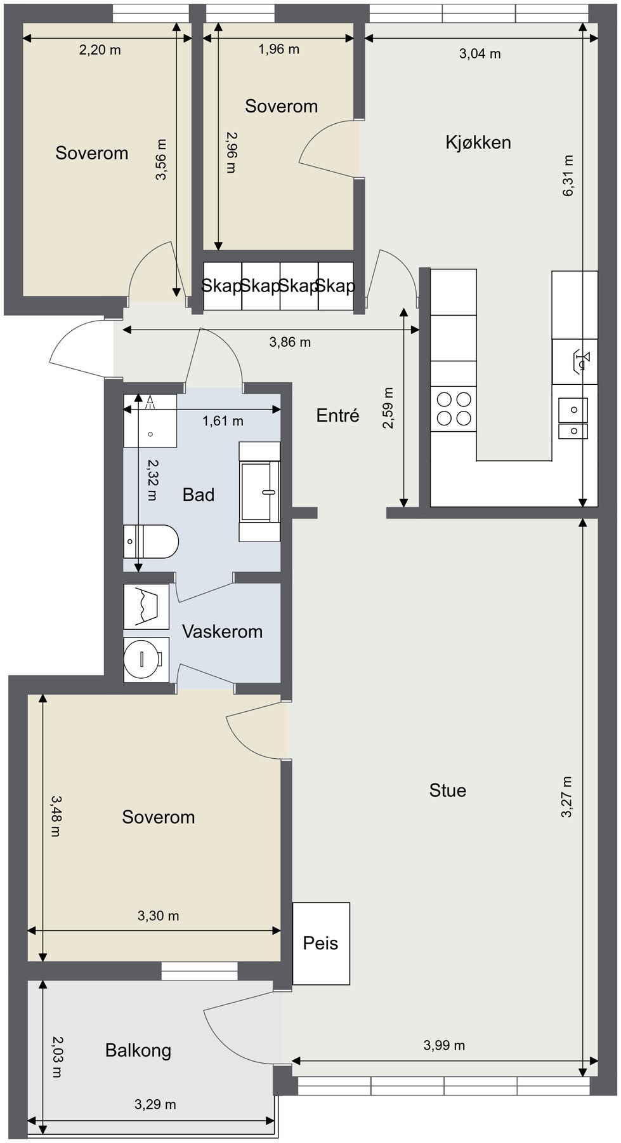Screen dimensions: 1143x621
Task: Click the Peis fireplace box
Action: click(x=321, y=943)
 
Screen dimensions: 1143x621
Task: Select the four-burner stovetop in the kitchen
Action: click(x=454, y=408)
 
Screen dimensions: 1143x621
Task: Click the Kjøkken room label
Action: click(x=478, y=142)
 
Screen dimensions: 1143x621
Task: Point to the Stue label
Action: click(x=447, y=790)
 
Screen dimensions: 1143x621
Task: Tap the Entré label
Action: click(x=337, y=415)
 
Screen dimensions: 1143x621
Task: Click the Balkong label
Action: click(x=138, y=1050)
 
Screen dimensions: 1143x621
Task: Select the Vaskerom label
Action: click(x=222, y=631)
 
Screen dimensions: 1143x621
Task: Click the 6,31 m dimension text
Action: click(x=568, y=176)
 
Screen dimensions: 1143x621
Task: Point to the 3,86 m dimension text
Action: click(x=290, y=342)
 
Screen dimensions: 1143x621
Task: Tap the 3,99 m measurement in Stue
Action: click(x=444, y=1045)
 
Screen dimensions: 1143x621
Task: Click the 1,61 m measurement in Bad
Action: click(x=223, y=420)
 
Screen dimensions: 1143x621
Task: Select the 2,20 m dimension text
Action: click(x=100, y=50)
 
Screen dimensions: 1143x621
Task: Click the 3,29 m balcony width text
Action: click(x=155, y=1104)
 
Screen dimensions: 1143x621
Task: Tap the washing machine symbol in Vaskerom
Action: click(x=146, y=659)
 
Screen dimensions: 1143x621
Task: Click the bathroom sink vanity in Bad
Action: click(x=259, y=492)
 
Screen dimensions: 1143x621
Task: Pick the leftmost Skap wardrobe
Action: click(x=222, y=286)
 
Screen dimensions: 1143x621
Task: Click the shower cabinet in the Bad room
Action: click(x=150, y=420)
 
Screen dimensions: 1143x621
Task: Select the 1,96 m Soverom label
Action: click(x=281, y=106)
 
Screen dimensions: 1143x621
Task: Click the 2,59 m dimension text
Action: click(x=388, y=408)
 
